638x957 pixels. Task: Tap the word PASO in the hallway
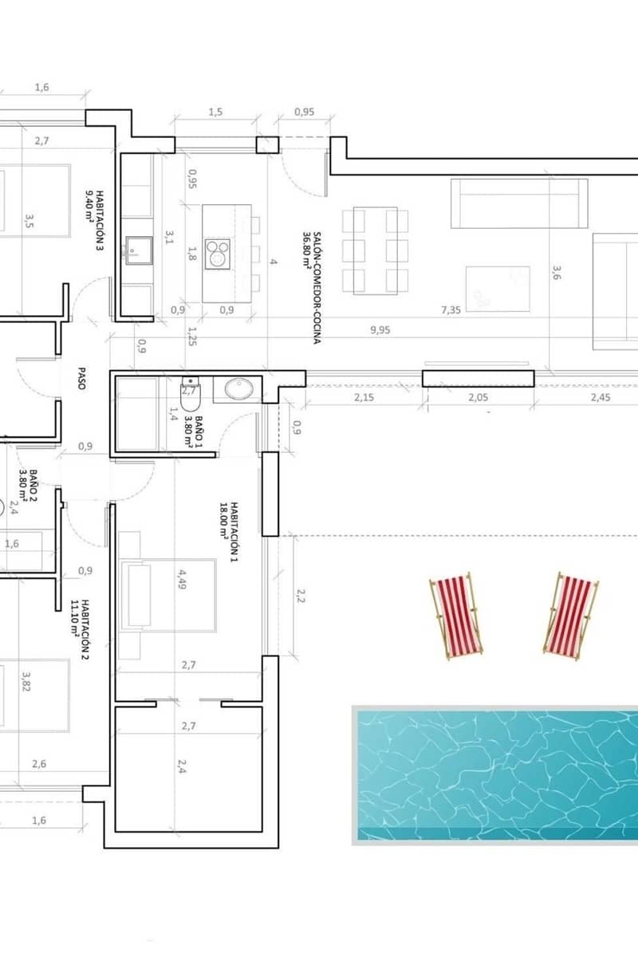tap(81, 379)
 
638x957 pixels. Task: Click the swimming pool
tap(494, 775)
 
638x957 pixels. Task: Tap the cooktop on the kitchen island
tap(218, 254)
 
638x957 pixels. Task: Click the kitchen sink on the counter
tap(140, 250)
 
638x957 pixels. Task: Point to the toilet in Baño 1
tap(190, 394)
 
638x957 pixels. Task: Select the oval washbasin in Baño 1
tap(239, 389)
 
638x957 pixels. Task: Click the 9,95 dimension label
tap(380, 330)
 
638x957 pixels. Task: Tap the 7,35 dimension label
tap(451, 309)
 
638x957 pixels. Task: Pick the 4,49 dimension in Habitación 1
tap(183, 579)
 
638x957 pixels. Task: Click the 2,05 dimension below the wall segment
tap(478, 397)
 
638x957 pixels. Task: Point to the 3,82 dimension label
tap(26, 682)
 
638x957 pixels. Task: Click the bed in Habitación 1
tap(168, 595)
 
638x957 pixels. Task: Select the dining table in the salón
tap(375, 250)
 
